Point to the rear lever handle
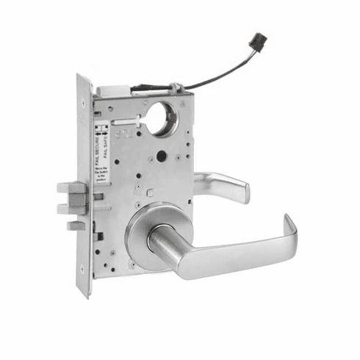[223, 187]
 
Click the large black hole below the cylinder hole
[159, 156]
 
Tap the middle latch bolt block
[72, 208]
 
